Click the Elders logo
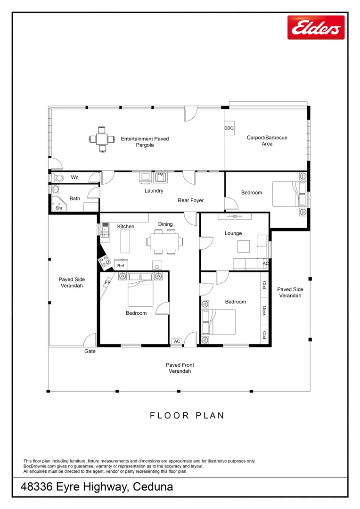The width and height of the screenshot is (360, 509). [x=316, y=27]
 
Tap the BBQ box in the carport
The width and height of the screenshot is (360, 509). [x=229, y=128]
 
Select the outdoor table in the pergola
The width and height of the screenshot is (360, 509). [x=102, y=139]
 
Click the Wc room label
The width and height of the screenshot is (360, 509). [x=74, y=177]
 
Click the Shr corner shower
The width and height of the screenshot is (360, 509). [x=59, y=204]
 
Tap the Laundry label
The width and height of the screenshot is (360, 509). [x=154, y=191]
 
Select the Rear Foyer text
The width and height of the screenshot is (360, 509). [x=190, y=201]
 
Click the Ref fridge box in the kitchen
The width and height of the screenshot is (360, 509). [x=121, y=265]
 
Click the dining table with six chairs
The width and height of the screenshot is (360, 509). [x=165, y=241]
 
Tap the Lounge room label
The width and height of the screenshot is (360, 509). [x=233, y=233]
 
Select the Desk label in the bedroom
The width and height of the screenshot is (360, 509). [x=264, y=311]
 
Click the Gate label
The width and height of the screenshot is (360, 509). [x=90, y=351]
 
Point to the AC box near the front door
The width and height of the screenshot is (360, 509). [x=177, y=341]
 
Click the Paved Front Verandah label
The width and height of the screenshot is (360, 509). [x=180, y=368]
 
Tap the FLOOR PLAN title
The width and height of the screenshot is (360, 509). [x=187, y=416]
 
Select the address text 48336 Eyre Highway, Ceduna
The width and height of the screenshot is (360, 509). [x=97, y=486]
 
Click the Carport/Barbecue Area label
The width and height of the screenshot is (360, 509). [x=267, y=140]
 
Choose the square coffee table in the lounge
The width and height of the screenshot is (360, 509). [x=244, y=246]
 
